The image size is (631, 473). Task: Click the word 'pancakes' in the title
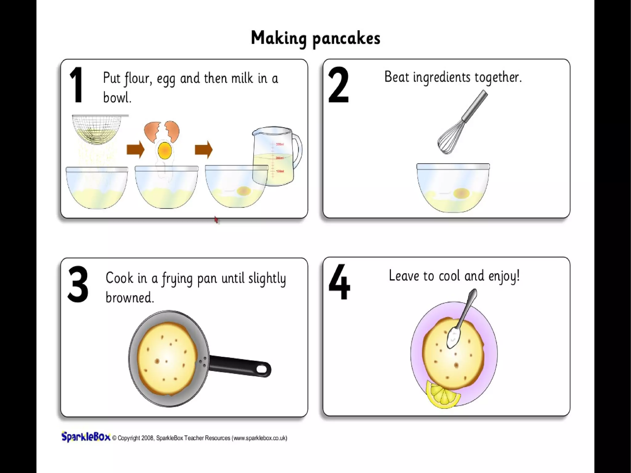coord(346,39)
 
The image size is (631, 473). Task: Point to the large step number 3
coord(78,284)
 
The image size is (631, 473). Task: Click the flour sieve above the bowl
coord(99,129)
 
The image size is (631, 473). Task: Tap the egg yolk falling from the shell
coord(165,150)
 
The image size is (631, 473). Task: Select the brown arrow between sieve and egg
coord(136,150)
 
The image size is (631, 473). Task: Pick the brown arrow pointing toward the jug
coord(204,150)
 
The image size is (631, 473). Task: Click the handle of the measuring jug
coord(297,151)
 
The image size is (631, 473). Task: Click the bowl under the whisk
coord(453,188)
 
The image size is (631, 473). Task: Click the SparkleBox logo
coord(86,437)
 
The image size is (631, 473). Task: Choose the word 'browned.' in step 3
coord(129,297)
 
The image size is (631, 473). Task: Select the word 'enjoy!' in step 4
coord(504,276)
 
